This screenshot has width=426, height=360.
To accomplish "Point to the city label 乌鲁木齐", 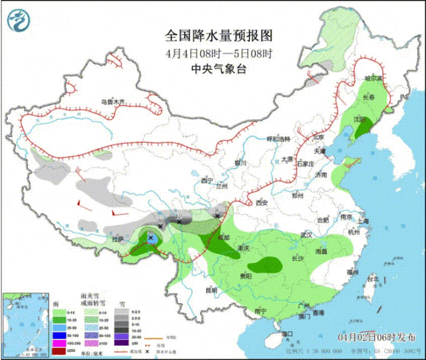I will pyautogui.click(x=113, y=102).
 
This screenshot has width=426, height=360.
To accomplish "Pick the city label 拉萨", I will pyautogui.click(x=118, y=238).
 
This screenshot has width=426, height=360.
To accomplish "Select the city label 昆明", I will pyautogui.click(x=211, y=290).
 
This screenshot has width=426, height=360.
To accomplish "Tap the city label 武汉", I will pyautogui.click(x=307, y=235).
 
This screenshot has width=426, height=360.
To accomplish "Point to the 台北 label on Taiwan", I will pyautogui.click(x=373, y=277).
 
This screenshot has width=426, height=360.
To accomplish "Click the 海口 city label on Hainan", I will pyautogui.click(x=288, y=333).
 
